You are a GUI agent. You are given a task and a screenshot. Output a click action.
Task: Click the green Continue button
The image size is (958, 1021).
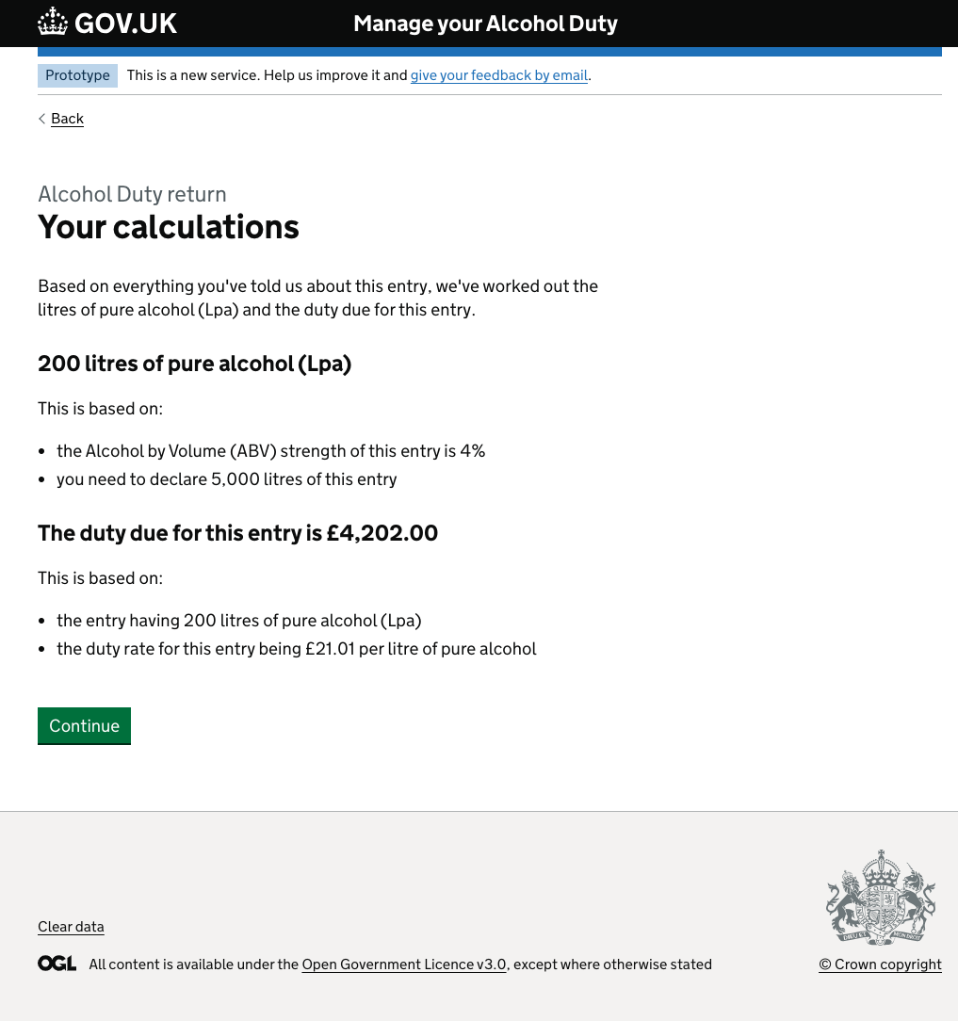(x=84, y=726)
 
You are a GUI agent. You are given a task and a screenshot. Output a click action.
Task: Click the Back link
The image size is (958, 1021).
(x=67, y=119)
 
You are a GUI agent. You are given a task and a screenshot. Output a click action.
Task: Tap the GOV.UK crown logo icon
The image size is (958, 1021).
(x=53, y=23)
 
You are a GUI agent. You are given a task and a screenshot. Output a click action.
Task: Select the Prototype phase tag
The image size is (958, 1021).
(x=77, y=75)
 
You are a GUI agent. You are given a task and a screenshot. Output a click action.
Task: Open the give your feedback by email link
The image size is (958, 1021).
(x=499, y=75)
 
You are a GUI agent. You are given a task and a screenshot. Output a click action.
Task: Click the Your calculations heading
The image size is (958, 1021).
(x=169, y=227)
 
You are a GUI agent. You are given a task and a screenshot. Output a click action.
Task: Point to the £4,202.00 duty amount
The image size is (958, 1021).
(x=382, y=533)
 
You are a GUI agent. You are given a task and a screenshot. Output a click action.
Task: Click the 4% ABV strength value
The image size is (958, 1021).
(x=472, y=451)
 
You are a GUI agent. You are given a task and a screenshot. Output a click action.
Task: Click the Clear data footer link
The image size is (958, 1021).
(x=71, y=927)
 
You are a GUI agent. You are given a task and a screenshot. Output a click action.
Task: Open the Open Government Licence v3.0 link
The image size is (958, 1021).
(x=404, y=964)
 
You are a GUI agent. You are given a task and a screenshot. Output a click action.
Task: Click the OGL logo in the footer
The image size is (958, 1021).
(x=57, y=964)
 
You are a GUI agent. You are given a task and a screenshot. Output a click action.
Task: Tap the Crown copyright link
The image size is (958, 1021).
(x=880, y=964)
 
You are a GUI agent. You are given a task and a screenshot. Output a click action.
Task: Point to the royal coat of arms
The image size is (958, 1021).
(x=881, y=898)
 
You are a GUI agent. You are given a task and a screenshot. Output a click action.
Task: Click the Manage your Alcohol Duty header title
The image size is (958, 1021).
(x=485, y=24)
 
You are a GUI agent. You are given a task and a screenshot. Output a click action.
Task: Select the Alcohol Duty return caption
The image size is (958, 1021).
(x=132, y=195)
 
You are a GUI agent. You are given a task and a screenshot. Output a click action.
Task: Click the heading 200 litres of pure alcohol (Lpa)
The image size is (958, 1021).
(x=194, y=364)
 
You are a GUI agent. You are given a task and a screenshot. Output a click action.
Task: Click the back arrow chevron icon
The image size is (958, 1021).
(x=42, y=119)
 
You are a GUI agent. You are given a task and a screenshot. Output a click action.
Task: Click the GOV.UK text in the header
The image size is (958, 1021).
(x=125, y=24)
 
